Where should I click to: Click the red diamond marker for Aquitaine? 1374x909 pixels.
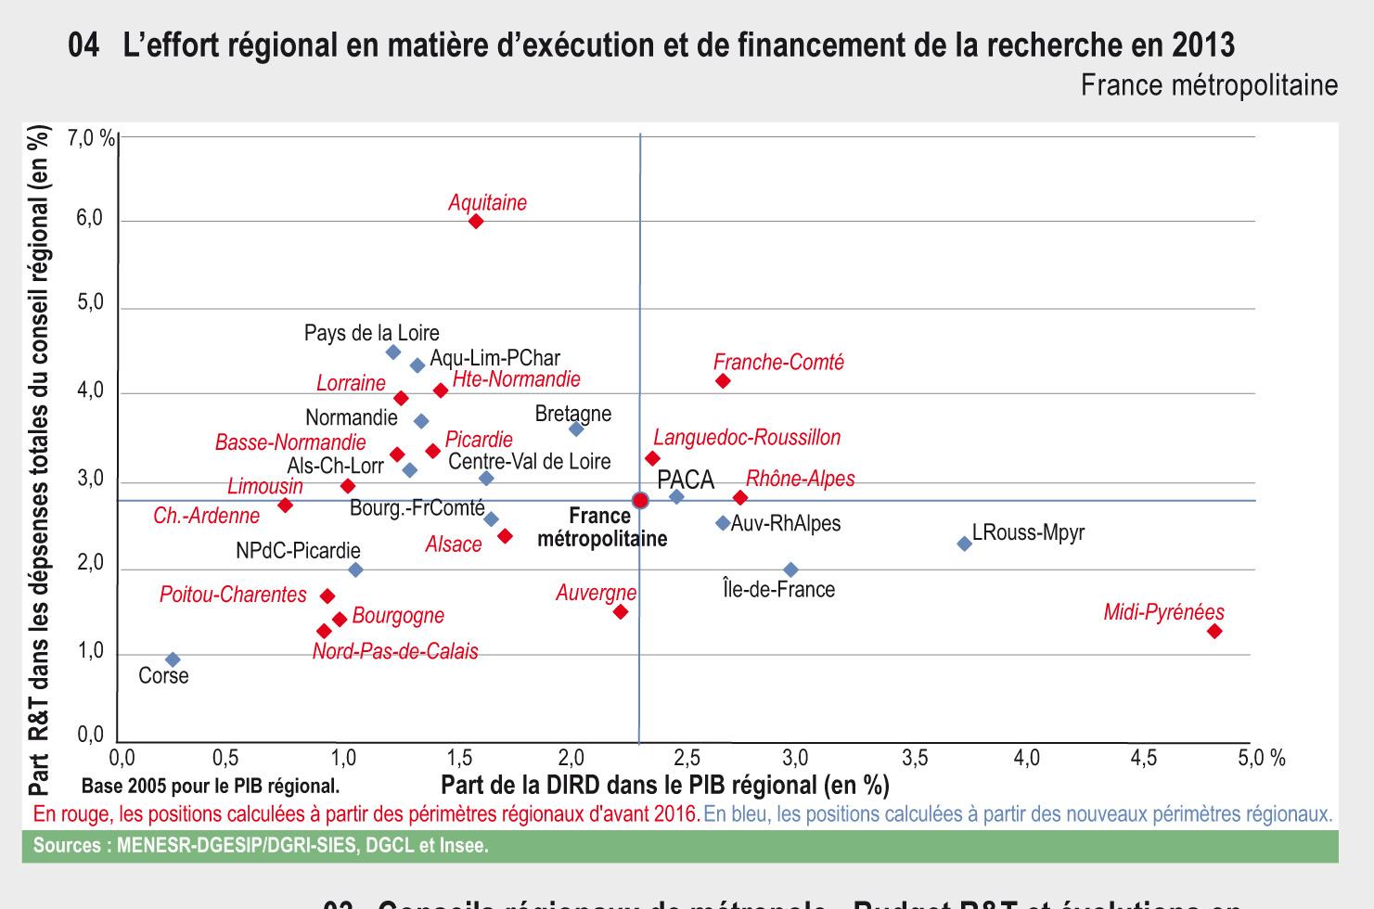tap(476, 221)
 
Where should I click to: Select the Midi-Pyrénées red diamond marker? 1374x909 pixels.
tap(1214, 631)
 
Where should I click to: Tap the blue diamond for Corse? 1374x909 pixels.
tap(173, 659)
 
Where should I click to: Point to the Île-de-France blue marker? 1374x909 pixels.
tap(790, 570)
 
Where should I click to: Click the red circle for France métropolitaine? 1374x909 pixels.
tap(640, 501)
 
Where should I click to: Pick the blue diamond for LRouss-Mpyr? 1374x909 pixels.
tap(964, 544)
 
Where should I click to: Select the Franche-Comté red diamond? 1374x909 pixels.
tap(723, 381)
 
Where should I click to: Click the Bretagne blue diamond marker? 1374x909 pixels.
tap(576, 429)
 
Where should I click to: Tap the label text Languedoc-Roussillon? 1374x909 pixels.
tap(747, 437)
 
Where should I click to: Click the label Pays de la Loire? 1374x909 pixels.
tap(372, 332)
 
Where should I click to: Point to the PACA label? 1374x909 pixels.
tap(686, 480)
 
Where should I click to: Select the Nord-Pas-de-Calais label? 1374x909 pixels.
tap(395, 651)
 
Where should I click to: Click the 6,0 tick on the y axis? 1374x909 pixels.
tap(90, 220)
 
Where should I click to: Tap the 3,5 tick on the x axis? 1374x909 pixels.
tap(914, 758)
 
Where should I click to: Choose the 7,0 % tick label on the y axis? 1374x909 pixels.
tap(91, 139)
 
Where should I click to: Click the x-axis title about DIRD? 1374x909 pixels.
tap(664, 786)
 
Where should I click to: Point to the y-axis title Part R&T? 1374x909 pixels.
tap(39, 459)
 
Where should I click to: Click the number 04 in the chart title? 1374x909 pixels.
tap(83, 45)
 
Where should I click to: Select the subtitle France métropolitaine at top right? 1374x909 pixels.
tap(1209, 85)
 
